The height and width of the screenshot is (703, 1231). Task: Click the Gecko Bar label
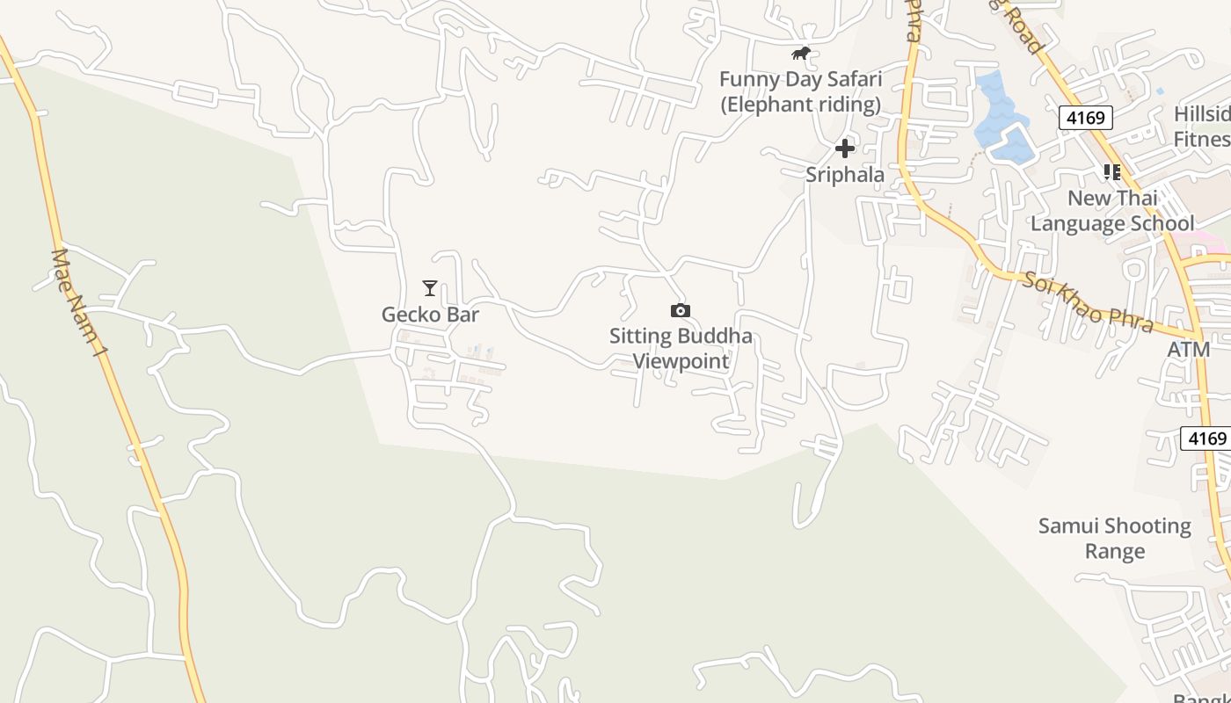tap(430, 314)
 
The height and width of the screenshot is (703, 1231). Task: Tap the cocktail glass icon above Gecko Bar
tap(430, 288)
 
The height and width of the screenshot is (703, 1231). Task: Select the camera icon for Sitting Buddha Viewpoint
tap(680, 310)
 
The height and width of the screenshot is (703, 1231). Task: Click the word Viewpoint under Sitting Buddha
tap(681, 361)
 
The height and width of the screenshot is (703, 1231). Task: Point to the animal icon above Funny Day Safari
tap(800, 54)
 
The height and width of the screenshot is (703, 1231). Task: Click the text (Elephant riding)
tap(800, 105)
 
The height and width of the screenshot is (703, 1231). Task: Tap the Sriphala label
tap(845, 175)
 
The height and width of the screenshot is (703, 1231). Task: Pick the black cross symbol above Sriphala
tap(845, 149)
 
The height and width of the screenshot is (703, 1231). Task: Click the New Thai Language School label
tap(1112, 211)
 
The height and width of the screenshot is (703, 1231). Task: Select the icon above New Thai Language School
tap(1112, 171)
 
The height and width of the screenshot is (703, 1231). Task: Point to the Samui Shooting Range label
tap(1115, 539)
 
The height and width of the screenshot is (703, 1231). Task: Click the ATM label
tap(1189, 350)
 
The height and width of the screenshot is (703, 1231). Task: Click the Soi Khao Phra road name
tap(1087, 302)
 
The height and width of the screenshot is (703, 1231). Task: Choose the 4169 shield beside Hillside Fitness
tap(1086, 118)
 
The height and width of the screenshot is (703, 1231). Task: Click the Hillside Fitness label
tap(1202, 127)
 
